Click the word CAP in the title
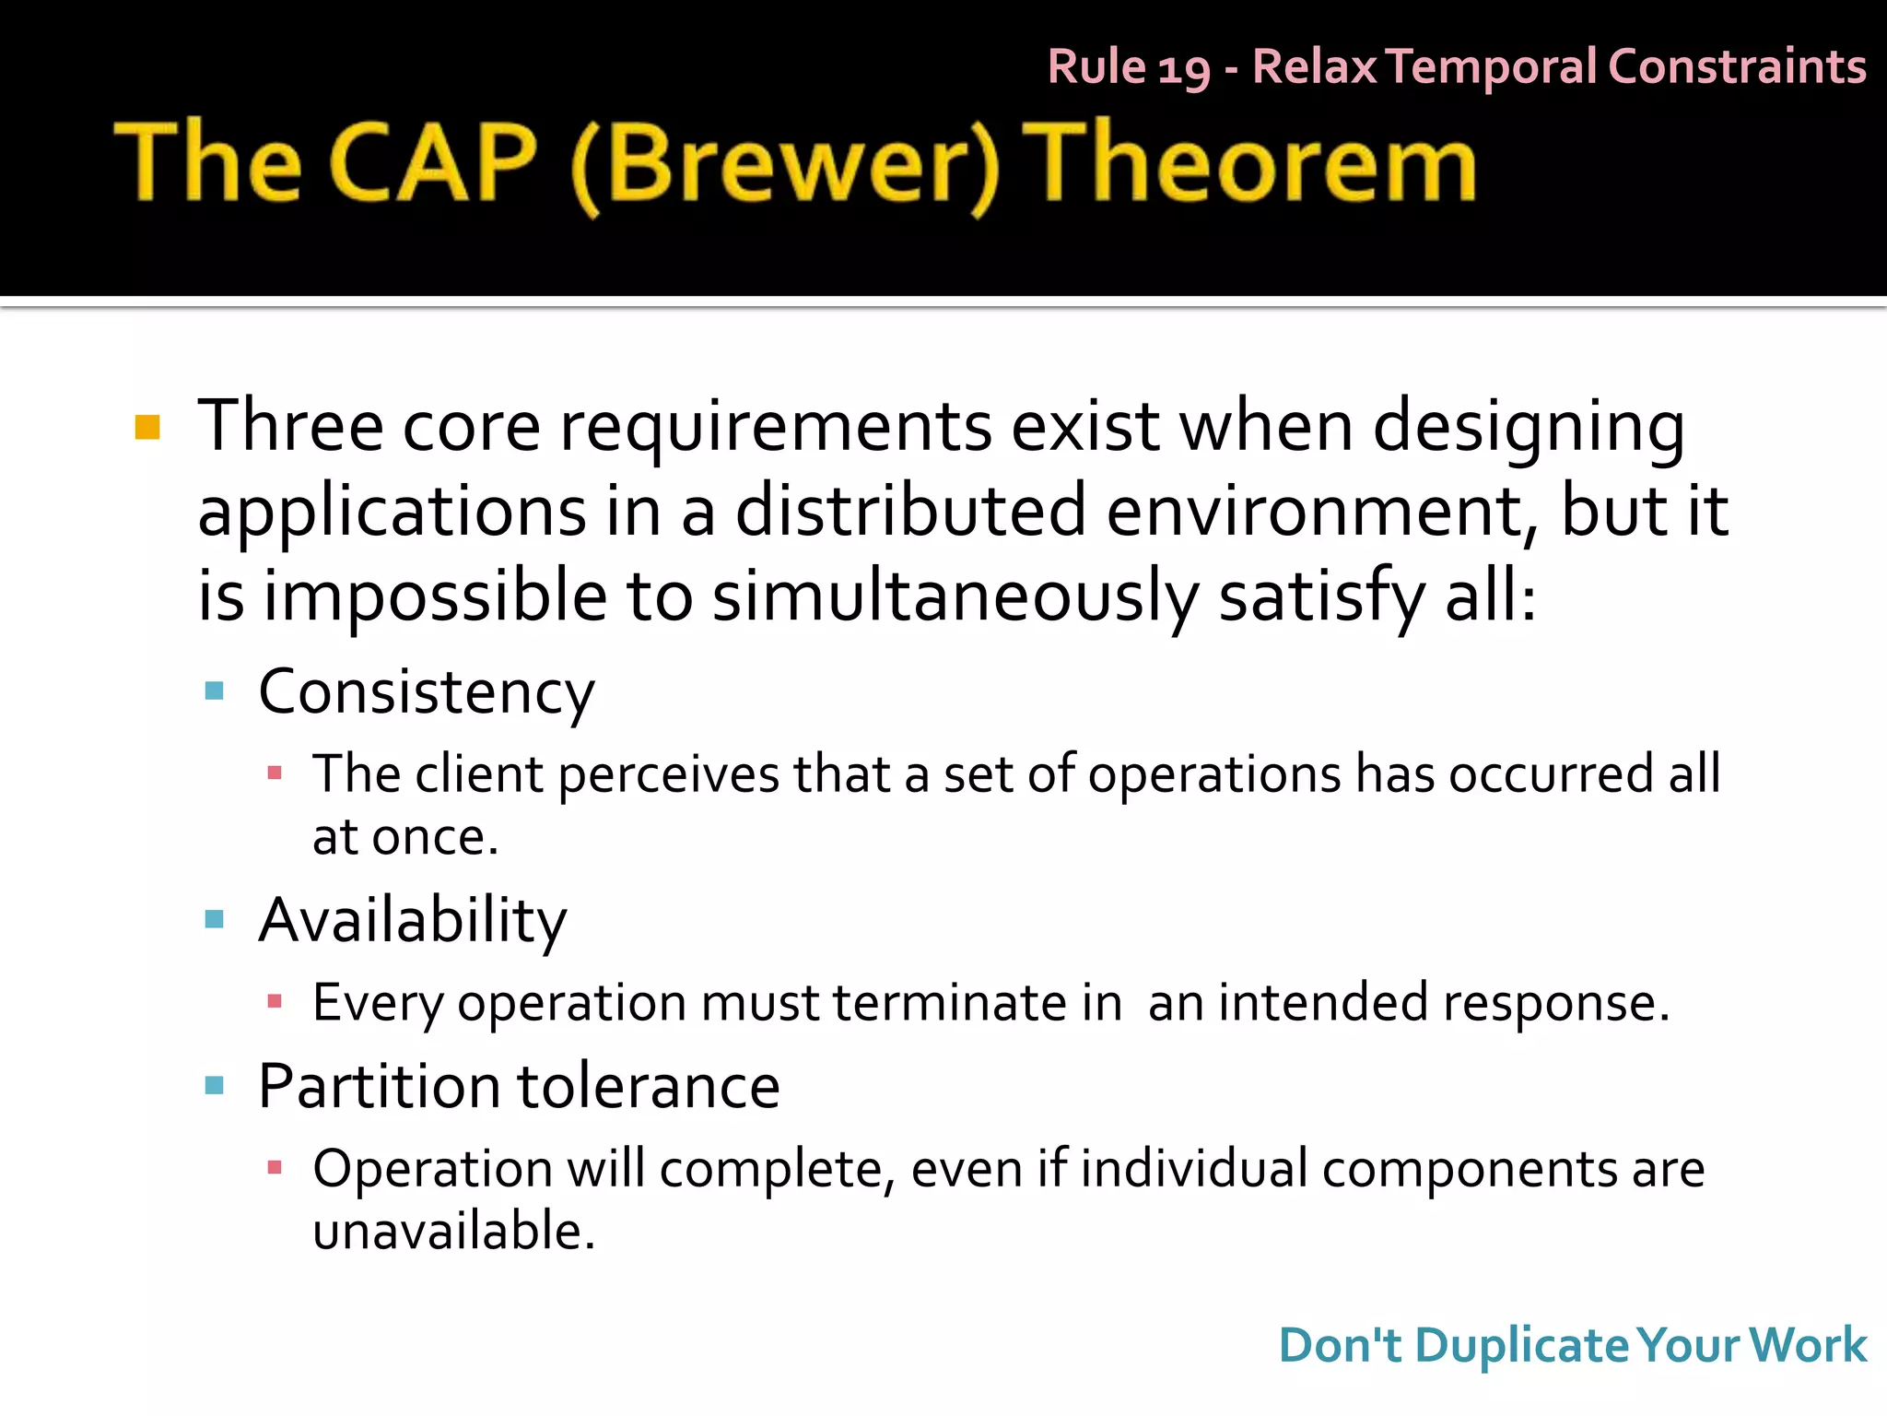coord(432,162)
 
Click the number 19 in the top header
coord(1183,68)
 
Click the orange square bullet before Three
coord(147,428)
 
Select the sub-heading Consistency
coord(427,691)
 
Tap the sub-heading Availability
coord(413,920)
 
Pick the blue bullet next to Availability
coord(215,919)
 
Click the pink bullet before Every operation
coord(274,1001)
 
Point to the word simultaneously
coord(955,597)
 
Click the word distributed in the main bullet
coord(910,511)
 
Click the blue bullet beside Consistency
coord(215,691)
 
